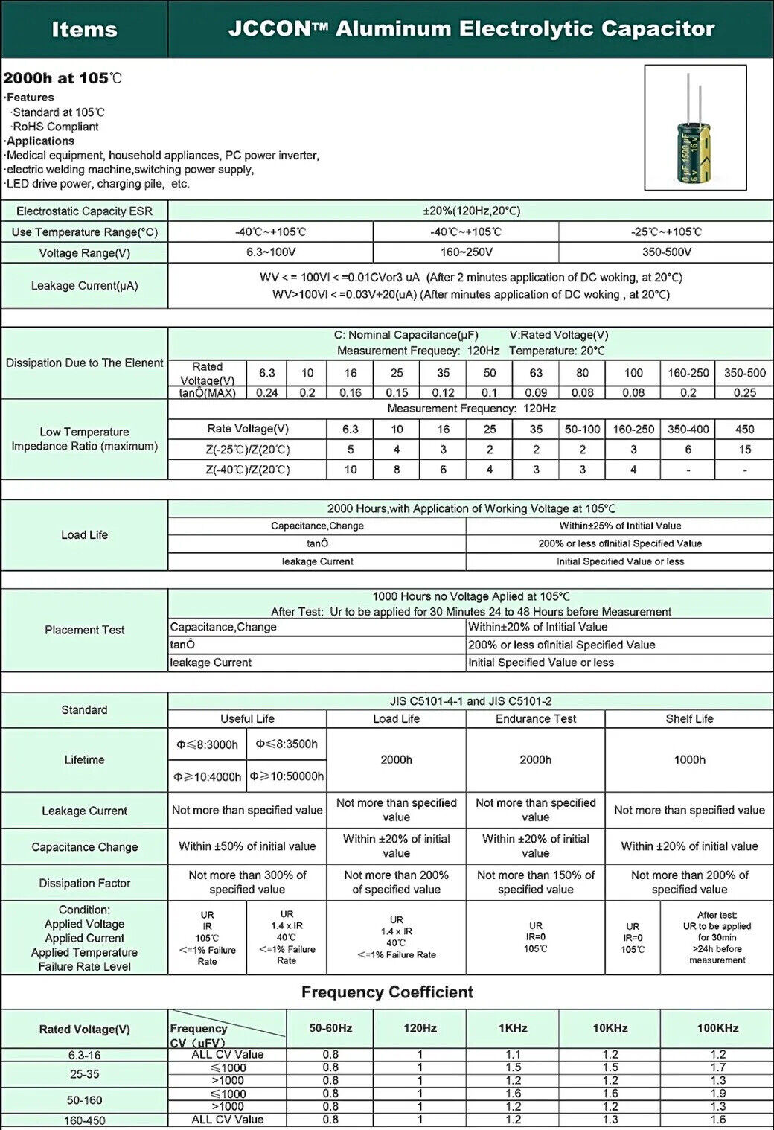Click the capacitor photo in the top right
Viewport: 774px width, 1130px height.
pyautogui.click(x=695, y=127)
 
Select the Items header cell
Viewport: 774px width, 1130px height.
pyautogui.click(x=84, y=30)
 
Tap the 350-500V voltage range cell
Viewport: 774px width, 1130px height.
pyautogui.click(x=666, y=252)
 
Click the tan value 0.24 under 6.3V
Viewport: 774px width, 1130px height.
pyautogui.click(x=266, y=392)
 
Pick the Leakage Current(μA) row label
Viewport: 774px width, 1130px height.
pyautogui.click(x=84, y=286)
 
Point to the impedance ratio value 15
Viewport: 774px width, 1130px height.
pyautogui.click(x=744, y=450)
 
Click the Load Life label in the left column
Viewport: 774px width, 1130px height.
pyautogui.click(x=84, y=534)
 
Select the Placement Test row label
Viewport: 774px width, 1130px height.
pyautogui.click(x=84, y=630)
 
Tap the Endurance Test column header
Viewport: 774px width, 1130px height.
pyautogui.click(x=535, y=718)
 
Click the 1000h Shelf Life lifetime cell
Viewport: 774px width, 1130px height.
pyautogui.click(x=689, y=759)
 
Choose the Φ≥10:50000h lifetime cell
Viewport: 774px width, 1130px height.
pyautogui.click(x=287, y=776)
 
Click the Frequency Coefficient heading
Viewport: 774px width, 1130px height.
pyautogui.click(x=387, y=992)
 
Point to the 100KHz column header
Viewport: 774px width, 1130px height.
pyautogui.click(x=717, y=1028)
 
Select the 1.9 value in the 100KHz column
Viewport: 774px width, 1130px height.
pyautogui.click(x=717, y=1094)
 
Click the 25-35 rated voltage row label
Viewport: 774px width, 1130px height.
pyautogui.click(x=84, y=1074)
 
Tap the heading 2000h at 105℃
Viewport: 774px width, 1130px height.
pyautogui.click(x=63, y=78)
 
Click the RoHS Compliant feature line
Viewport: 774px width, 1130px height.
pyautogui.click(x=56, y=127)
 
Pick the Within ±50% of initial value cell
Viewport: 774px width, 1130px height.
pyautogui.click(x=247, y=846)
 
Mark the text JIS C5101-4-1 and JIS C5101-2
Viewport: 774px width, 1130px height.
pyautogui.click(x=470, y=701)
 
